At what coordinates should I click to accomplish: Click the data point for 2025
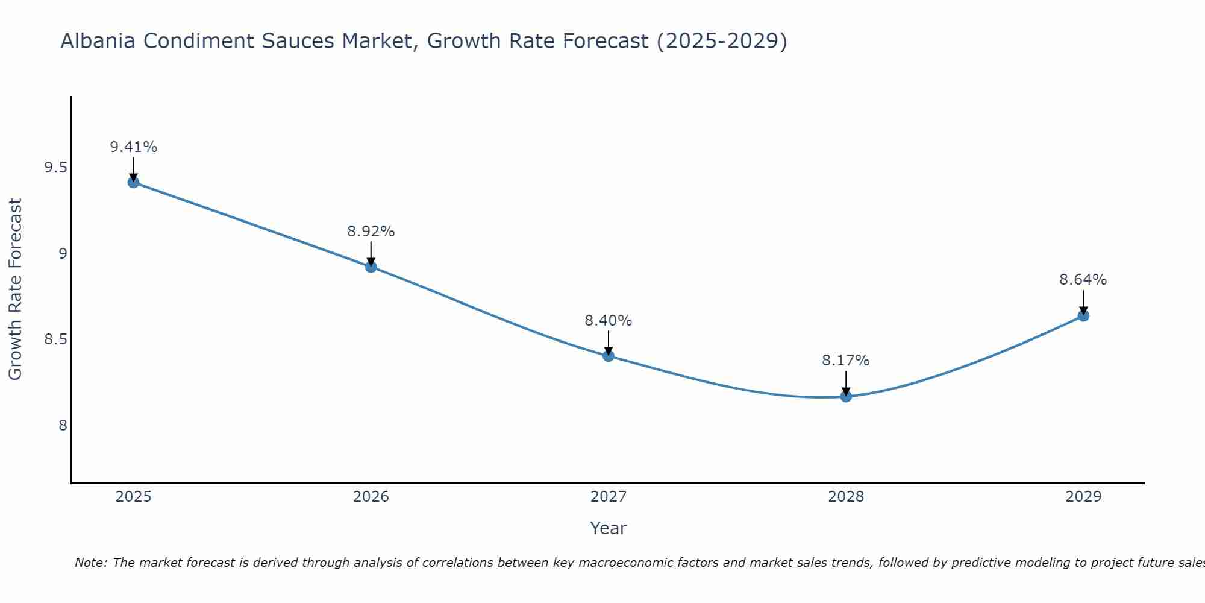[133, 182]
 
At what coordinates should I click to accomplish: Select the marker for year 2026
[371, 267]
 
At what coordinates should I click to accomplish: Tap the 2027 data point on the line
[609, 356]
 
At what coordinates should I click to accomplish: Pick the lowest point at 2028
[846, 396]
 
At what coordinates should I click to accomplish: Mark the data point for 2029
[1083, 315]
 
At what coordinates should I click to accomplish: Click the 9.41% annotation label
[133, 147]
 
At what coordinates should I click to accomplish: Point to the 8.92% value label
[371, 232]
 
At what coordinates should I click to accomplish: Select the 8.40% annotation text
[609, 321]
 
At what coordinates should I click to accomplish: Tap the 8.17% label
[846, 361]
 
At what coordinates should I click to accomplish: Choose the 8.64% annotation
[1083, 280]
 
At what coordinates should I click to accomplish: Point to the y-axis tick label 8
[63, 426]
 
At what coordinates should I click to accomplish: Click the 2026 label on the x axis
[371, 497]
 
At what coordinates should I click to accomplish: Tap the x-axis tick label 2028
[846, 497]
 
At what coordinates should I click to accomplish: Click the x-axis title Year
[609, 528]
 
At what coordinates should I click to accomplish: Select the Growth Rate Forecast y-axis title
[15, 289]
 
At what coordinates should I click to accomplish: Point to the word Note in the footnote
[90, 563]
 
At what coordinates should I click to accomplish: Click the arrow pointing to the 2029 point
[1083, 301]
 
